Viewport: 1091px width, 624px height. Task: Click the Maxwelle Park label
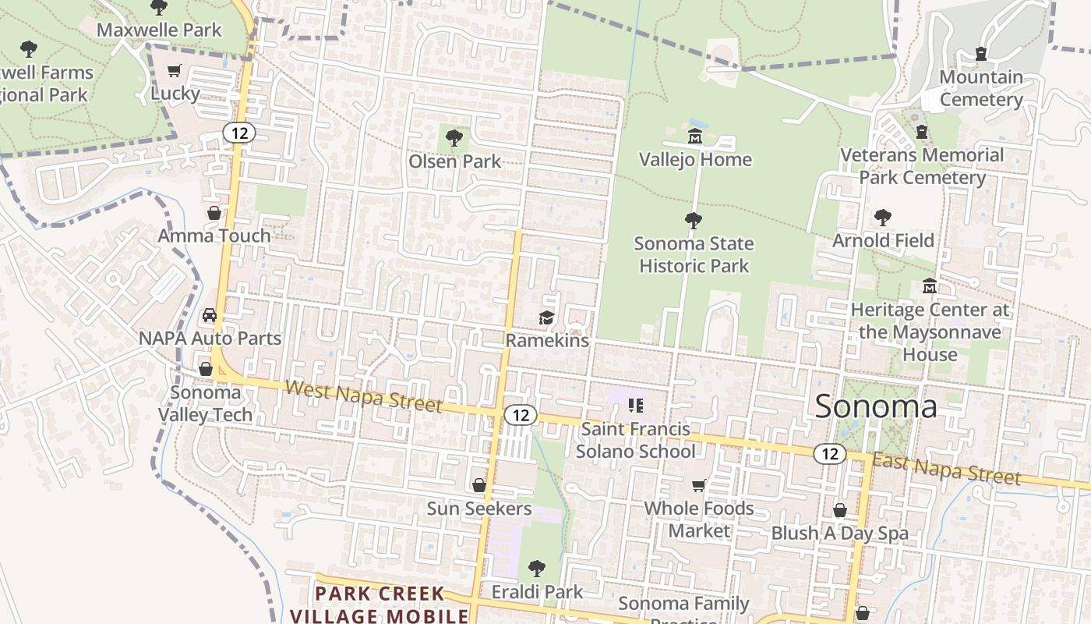coord(159,30)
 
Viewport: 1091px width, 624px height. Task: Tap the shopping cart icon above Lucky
coord(175,71)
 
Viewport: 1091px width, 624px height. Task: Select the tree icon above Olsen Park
coord(454,139)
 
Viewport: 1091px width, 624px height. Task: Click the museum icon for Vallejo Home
coord(694,136)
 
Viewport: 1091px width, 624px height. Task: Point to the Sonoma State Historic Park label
coord(694,254)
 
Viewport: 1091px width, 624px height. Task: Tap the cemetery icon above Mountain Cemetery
coord(981,55)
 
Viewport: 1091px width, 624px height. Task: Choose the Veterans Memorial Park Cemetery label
coord(922,166)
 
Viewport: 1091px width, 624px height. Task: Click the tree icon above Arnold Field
coord(882,218)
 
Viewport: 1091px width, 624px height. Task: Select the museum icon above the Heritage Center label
coord(929,286)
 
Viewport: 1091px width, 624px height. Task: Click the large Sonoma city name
coord(876,406)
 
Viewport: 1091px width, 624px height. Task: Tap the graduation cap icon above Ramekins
coord(546,318)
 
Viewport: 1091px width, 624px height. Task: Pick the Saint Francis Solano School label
coord(635,440)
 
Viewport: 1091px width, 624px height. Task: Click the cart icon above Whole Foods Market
coord(699,485)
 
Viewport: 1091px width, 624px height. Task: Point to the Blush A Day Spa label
coord(840,534)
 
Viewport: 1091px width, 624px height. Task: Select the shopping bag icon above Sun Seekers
coord(479,486)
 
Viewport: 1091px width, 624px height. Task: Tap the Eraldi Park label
coord(537,592)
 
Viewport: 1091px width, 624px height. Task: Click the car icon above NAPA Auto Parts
coord(209,316)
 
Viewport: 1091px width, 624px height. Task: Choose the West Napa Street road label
coord(363,396)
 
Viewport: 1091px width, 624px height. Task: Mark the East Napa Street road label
coord(946,467)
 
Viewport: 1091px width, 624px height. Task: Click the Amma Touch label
coord(214,236)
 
